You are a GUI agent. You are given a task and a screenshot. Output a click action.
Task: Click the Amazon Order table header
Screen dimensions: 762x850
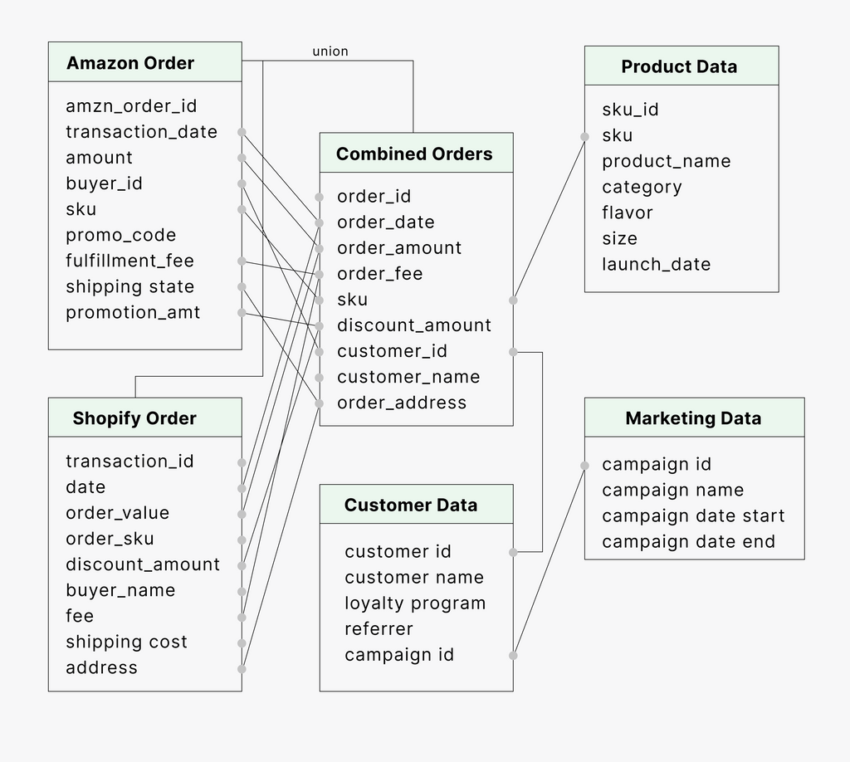point(130,63)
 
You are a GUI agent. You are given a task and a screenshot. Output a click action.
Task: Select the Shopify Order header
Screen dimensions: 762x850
point(134,418)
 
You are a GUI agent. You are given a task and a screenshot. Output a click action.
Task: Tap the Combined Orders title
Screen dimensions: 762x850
point(414,154)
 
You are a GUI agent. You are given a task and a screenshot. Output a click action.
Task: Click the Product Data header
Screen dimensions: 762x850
point(679,66)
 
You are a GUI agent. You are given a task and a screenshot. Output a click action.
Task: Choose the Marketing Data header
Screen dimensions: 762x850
point(693,418)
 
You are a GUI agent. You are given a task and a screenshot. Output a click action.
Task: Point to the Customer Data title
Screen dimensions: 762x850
point(411,505)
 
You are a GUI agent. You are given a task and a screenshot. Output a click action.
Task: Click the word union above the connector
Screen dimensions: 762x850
point(330,51)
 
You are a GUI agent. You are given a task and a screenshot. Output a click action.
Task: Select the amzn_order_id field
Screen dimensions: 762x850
point(131,106)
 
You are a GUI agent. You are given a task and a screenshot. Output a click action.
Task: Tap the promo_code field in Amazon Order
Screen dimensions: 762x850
point(121,235)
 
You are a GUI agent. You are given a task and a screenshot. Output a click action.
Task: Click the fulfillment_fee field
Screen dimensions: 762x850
point(129,261)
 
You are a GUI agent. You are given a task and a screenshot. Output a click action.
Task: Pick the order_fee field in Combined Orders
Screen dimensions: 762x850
point(379,274)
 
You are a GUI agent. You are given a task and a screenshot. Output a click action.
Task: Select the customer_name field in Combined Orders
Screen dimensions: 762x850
point(408,377)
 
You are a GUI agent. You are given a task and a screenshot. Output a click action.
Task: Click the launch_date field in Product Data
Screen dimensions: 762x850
point(657,264)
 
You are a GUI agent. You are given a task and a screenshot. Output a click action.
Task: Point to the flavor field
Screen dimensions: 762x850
point(628,212)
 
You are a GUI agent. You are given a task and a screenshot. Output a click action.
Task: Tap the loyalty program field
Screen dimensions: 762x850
point(415,603)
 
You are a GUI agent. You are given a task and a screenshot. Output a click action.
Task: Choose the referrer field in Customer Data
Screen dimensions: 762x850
point(379,629)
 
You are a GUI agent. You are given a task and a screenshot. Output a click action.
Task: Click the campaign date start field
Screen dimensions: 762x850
point(693,516)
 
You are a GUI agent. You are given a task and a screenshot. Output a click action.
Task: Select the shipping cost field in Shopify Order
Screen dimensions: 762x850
point(126,642)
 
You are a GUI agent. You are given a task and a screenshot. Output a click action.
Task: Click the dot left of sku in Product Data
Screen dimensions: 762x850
point(584,136)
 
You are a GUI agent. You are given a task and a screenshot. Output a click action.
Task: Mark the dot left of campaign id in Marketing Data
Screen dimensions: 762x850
point(584,465)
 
